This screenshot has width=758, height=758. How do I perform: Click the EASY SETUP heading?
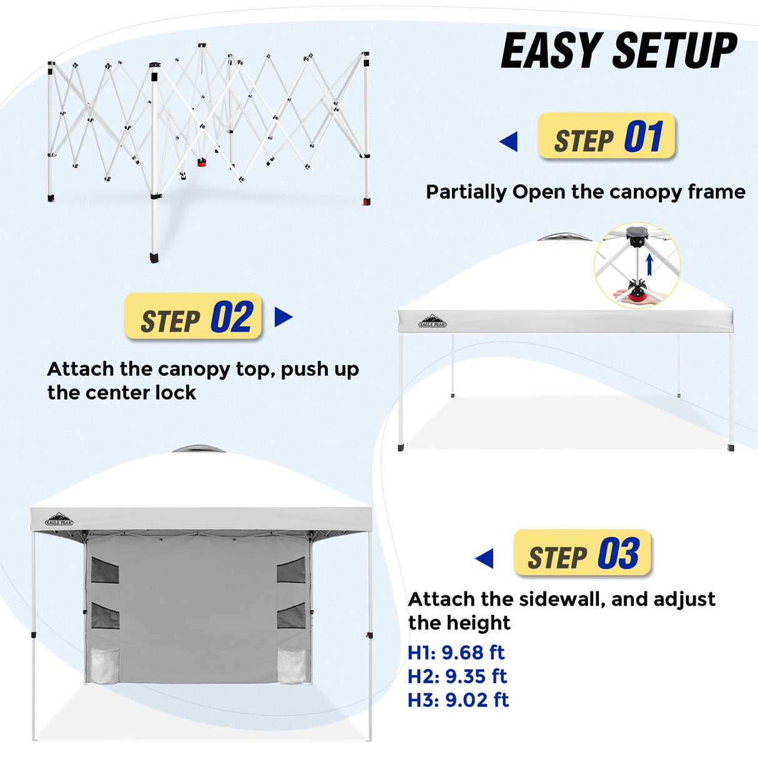tap(619, 51)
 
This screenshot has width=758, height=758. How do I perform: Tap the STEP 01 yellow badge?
tap(606, 136)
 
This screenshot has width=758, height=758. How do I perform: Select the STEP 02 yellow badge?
tap(193, 317)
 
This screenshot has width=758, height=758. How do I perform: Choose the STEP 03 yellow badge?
tap(583, 553)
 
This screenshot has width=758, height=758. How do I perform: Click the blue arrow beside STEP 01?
tap(509, 142)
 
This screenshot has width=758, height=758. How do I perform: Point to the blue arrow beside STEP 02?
tap(283, 317)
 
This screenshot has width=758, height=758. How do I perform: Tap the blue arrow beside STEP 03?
tap(485, 558)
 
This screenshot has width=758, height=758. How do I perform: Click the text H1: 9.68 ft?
tap(456, 652)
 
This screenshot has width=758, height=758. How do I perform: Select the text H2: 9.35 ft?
tap(457, 676)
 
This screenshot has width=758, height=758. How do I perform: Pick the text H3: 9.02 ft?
tap(458, 700)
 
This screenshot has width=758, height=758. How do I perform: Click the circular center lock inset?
tap(637, 265)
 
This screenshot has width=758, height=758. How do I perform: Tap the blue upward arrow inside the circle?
tap(649, 265)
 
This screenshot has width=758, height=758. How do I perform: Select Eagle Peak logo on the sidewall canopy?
tap(59, 519)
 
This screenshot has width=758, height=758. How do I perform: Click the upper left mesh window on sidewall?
tap(104, 570)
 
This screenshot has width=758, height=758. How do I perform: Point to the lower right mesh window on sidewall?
tap(291, 616)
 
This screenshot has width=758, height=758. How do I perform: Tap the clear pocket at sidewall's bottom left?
tap(104, 666)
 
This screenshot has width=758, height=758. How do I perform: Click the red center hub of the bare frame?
tap(202, 162)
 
